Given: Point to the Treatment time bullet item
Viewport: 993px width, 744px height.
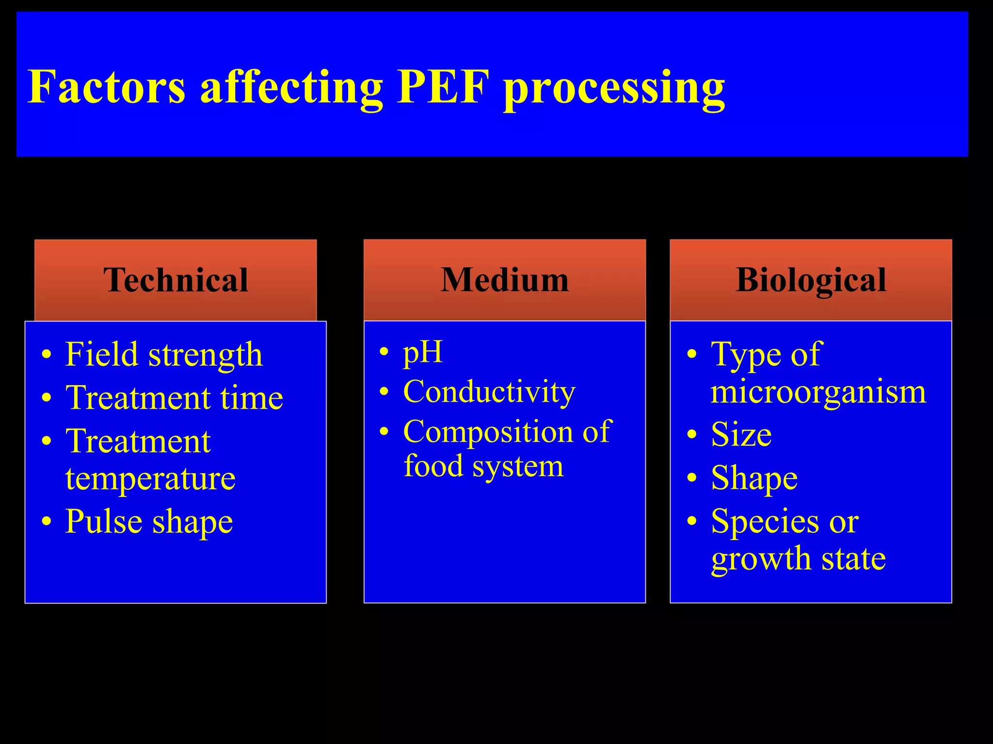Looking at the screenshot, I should point(174,398).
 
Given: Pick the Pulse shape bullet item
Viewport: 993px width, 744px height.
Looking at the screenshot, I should point(149,522).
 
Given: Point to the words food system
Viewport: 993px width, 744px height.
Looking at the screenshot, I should point(483,466).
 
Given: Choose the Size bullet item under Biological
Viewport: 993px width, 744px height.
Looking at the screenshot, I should point(741,434).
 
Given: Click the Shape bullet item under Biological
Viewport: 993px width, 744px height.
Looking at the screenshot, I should point(754,478).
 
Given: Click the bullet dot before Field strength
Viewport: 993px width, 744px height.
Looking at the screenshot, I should point(47,355).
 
